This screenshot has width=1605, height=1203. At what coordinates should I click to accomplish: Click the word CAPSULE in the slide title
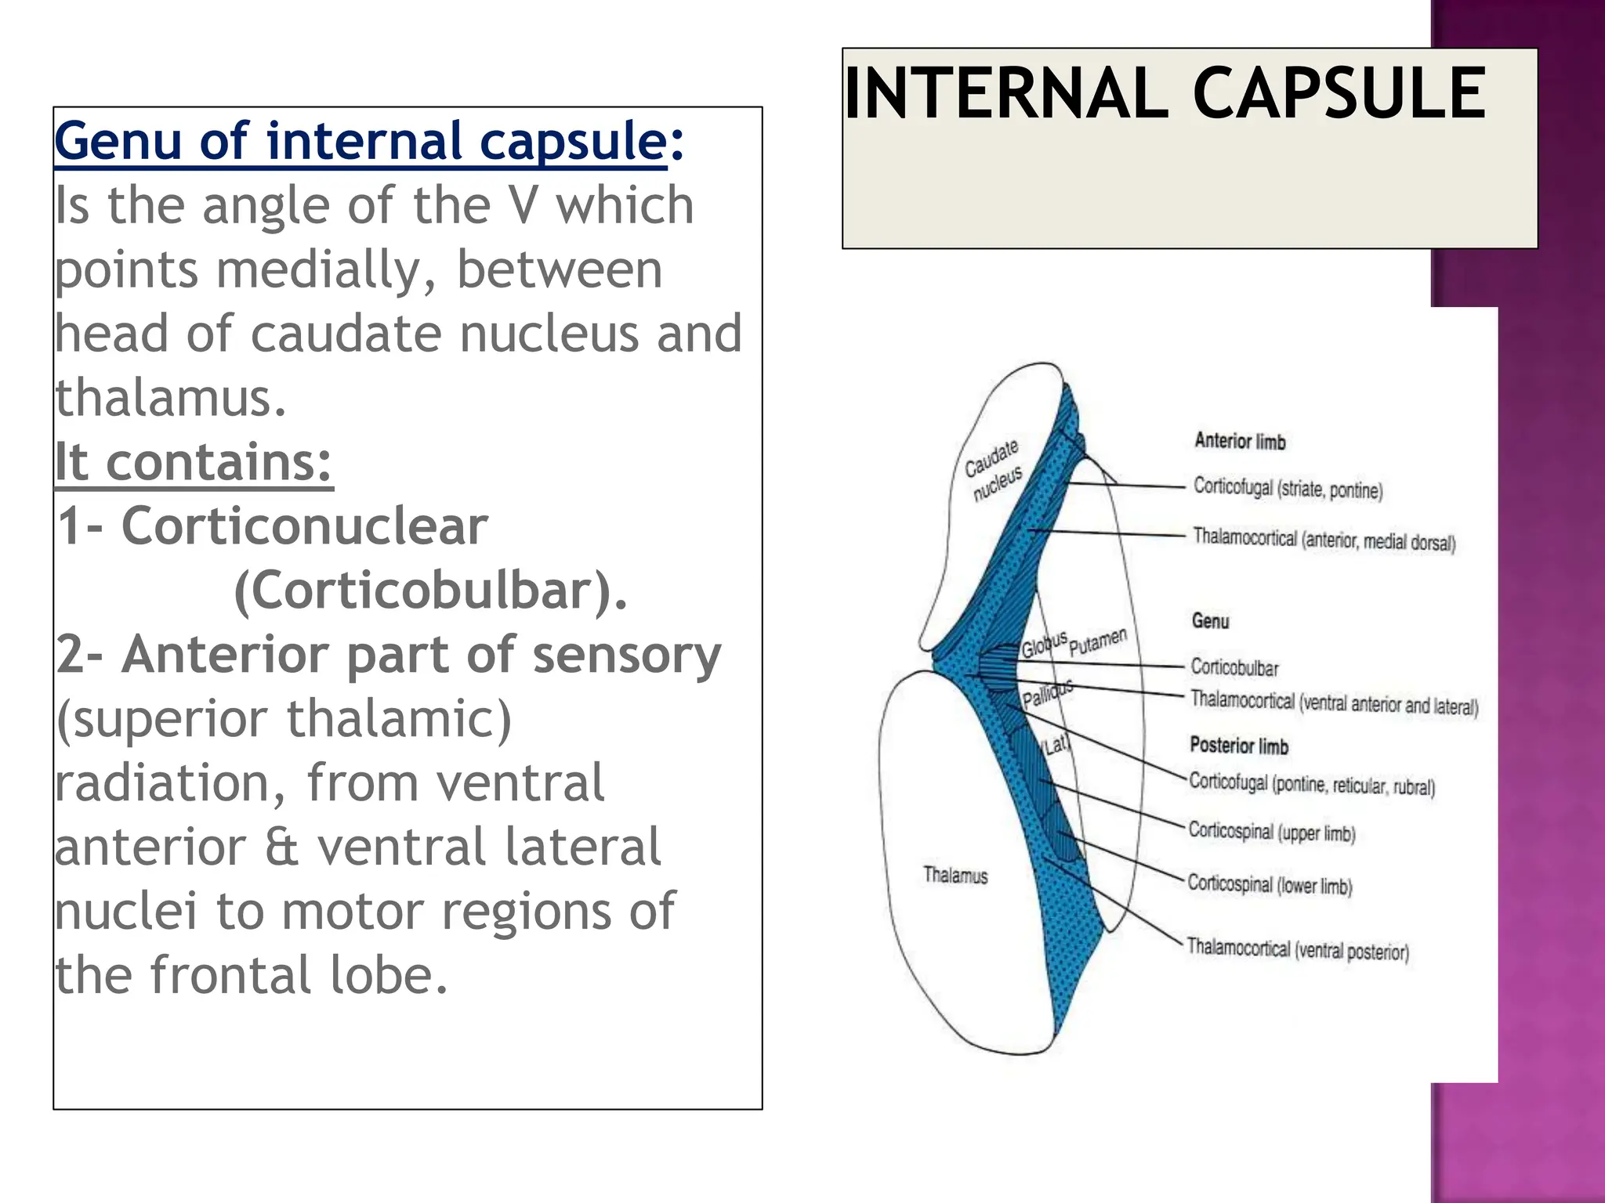pos(1338,94)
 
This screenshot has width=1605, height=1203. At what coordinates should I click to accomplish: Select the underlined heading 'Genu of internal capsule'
pos(360,142)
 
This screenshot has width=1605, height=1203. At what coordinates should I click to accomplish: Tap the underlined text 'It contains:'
pos(194,462)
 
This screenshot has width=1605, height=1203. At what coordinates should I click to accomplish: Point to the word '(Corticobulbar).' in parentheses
pos(430,591)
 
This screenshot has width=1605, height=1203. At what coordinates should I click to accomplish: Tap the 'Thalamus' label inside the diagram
pos(955,875)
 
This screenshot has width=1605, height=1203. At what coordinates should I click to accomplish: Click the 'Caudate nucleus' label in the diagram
pos(994,469)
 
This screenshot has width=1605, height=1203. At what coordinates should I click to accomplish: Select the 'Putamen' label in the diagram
pos(1097,641)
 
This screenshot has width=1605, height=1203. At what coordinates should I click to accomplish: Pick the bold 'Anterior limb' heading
pos(1240,441)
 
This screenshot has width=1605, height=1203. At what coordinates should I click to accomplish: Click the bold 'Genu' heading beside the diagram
pos(1210,621)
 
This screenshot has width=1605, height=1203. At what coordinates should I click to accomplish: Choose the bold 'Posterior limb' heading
pos(1238,745)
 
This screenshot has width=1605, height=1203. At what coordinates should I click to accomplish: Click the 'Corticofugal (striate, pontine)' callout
pos(1288,489)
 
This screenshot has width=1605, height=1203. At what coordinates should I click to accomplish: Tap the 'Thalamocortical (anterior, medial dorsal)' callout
pos(1324,540)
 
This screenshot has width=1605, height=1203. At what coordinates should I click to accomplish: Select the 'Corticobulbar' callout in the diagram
pos(1234,667)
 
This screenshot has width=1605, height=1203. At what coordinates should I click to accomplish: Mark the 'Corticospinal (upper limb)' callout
pos(1271,832)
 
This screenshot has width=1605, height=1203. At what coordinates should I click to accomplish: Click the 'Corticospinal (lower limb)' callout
pos(1270,885)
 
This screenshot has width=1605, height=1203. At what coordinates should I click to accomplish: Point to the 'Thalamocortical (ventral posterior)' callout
pos(1297,949)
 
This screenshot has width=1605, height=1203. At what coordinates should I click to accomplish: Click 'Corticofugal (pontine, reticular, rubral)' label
pos(1311,784)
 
